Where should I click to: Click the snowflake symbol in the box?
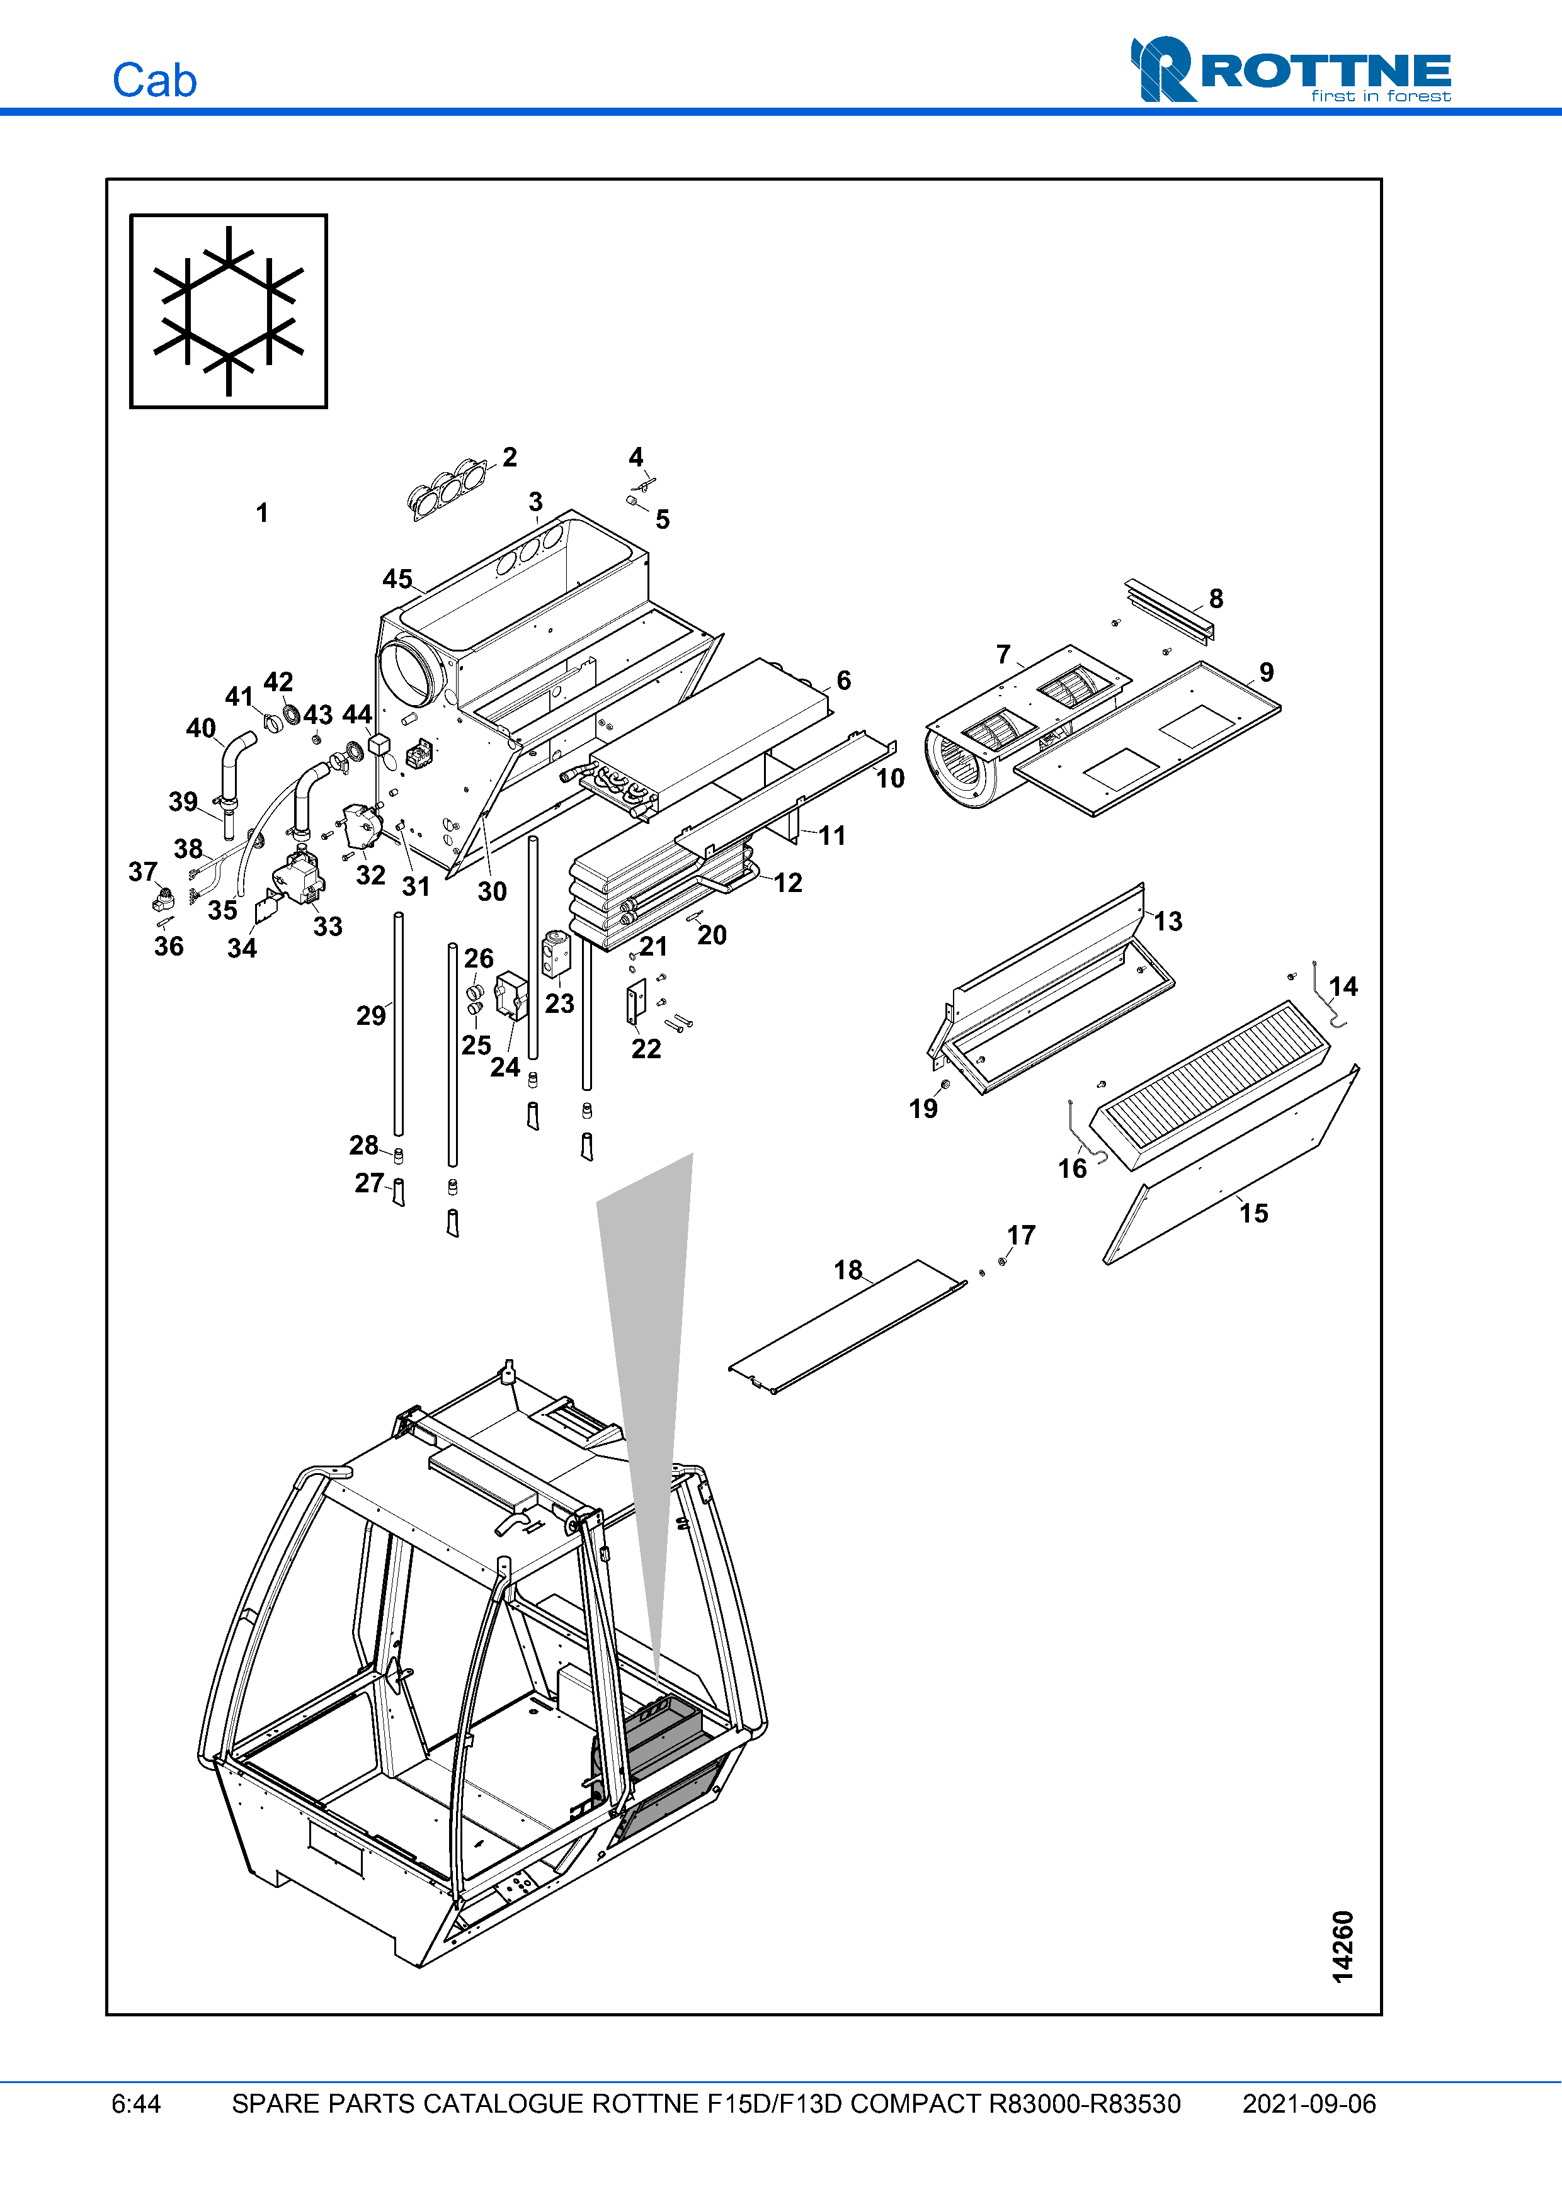coord(229,311)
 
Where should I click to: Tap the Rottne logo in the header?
coord(1290,71)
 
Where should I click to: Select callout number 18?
coord(848,1270)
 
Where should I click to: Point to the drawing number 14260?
coord(1343,1945)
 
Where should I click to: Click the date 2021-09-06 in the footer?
coord(1308,2103)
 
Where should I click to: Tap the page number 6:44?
coord(135,2103)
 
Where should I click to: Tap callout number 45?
coord(397,579)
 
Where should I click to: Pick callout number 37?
coord(142,872)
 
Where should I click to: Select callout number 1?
coord(262,513)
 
